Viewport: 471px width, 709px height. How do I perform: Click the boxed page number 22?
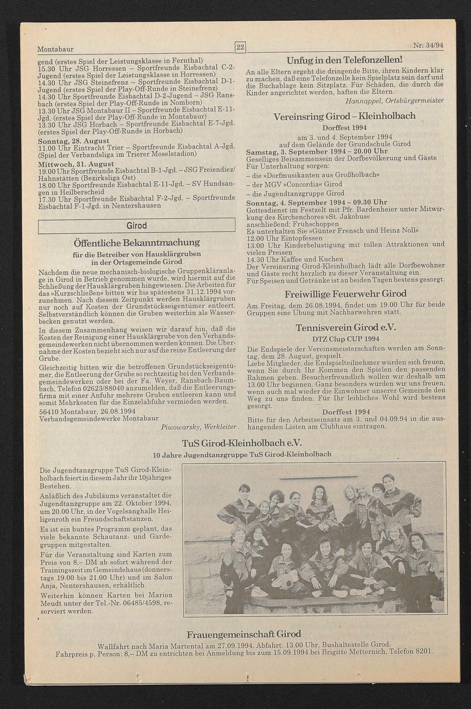click(x=240, y=47)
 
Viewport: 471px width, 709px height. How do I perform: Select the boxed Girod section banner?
click(x=137, y=226)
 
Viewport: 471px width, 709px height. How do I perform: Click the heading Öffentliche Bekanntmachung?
click(x=137, y=243)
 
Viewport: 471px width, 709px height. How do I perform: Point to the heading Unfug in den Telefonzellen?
click(x=345, y=60)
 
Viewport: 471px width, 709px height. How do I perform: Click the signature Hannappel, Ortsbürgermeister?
click(x=394, y=101)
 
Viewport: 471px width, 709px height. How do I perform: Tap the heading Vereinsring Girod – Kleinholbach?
click(x=345, y=116)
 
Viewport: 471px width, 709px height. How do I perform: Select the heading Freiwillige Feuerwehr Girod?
click(x=345, y=294)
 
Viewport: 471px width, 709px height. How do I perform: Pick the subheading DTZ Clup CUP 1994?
click(x=345, y=338)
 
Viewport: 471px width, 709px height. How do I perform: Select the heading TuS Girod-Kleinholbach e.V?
click(x=242, y=443)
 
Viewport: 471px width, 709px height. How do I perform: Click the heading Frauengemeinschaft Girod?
click(x=244, y=634)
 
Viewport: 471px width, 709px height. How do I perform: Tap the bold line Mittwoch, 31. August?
click(x=75, y=164)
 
